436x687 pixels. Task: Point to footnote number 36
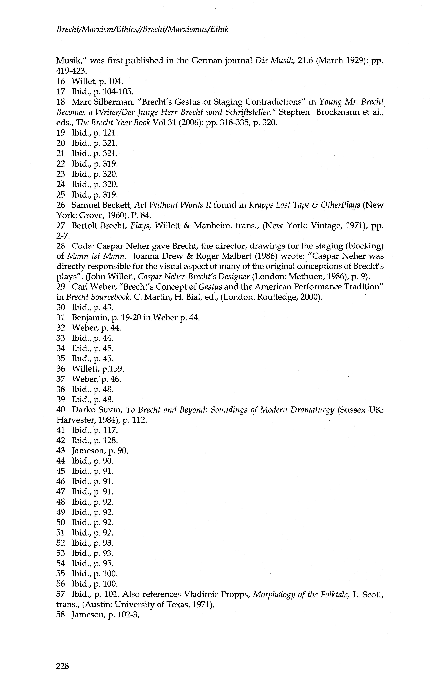coord(60,369)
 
